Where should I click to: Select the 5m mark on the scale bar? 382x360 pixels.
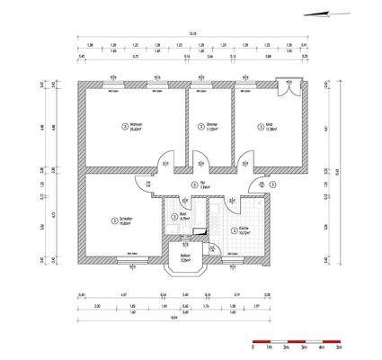[337, 346]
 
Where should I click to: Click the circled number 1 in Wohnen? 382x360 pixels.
[124, 126]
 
